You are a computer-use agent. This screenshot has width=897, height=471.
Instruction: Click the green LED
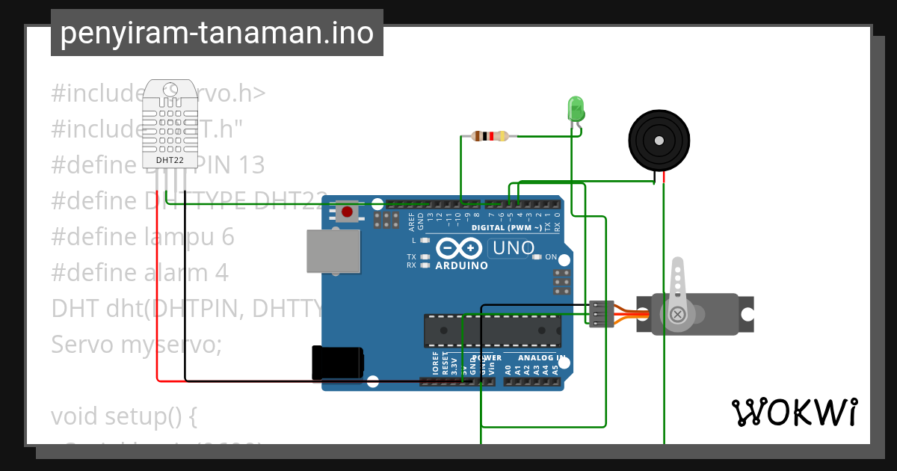(x=576, y=109)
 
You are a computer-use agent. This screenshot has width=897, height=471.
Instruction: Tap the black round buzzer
(x=658, y=140)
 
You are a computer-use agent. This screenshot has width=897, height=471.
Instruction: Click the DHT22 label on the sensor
(x=170, y=160)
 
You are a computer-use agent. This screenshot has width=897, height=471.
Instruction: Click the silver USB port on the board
(x=333, y=251)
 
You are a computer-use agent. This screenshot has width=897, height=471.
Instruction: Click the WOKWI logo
(x=794, y=413)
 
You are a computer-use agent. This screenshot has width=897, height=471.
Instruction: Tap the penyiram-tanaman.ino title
(x=217, y=33)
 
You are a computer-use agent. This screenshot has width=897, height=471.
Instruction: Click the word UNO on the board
(x=512, y=247)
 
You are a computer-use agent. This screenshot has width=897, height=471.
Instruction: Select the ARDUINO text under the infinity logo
(x=461, y=265)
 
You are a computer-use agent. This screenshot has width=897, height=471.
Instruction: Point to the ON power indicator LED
(x=537, y=257)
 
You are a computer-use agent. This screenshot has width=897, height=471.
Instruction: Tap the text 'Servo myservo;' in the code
(x=136, y=345)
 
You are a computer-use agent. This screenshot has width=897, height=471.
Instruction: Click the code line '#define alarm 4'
(x=140, y=272)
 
